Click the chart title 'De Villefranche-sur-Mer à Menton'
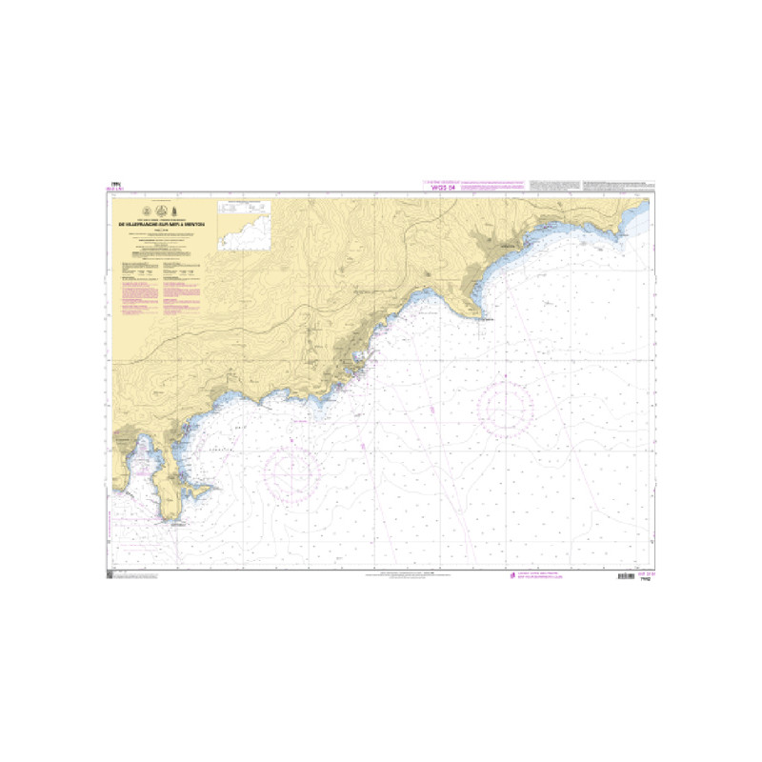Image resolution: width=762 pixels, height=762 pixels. [160, 225]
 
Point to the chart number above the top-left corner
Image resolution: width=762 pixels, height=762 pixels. [115, 186]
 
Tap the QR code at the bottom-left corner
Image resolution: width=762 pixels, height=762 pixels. [110, 574]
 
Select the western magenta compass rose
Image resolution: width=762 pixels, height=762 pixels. [291, 471]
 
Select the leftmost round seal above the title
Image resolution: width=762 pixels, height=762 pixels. [146, 211]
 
